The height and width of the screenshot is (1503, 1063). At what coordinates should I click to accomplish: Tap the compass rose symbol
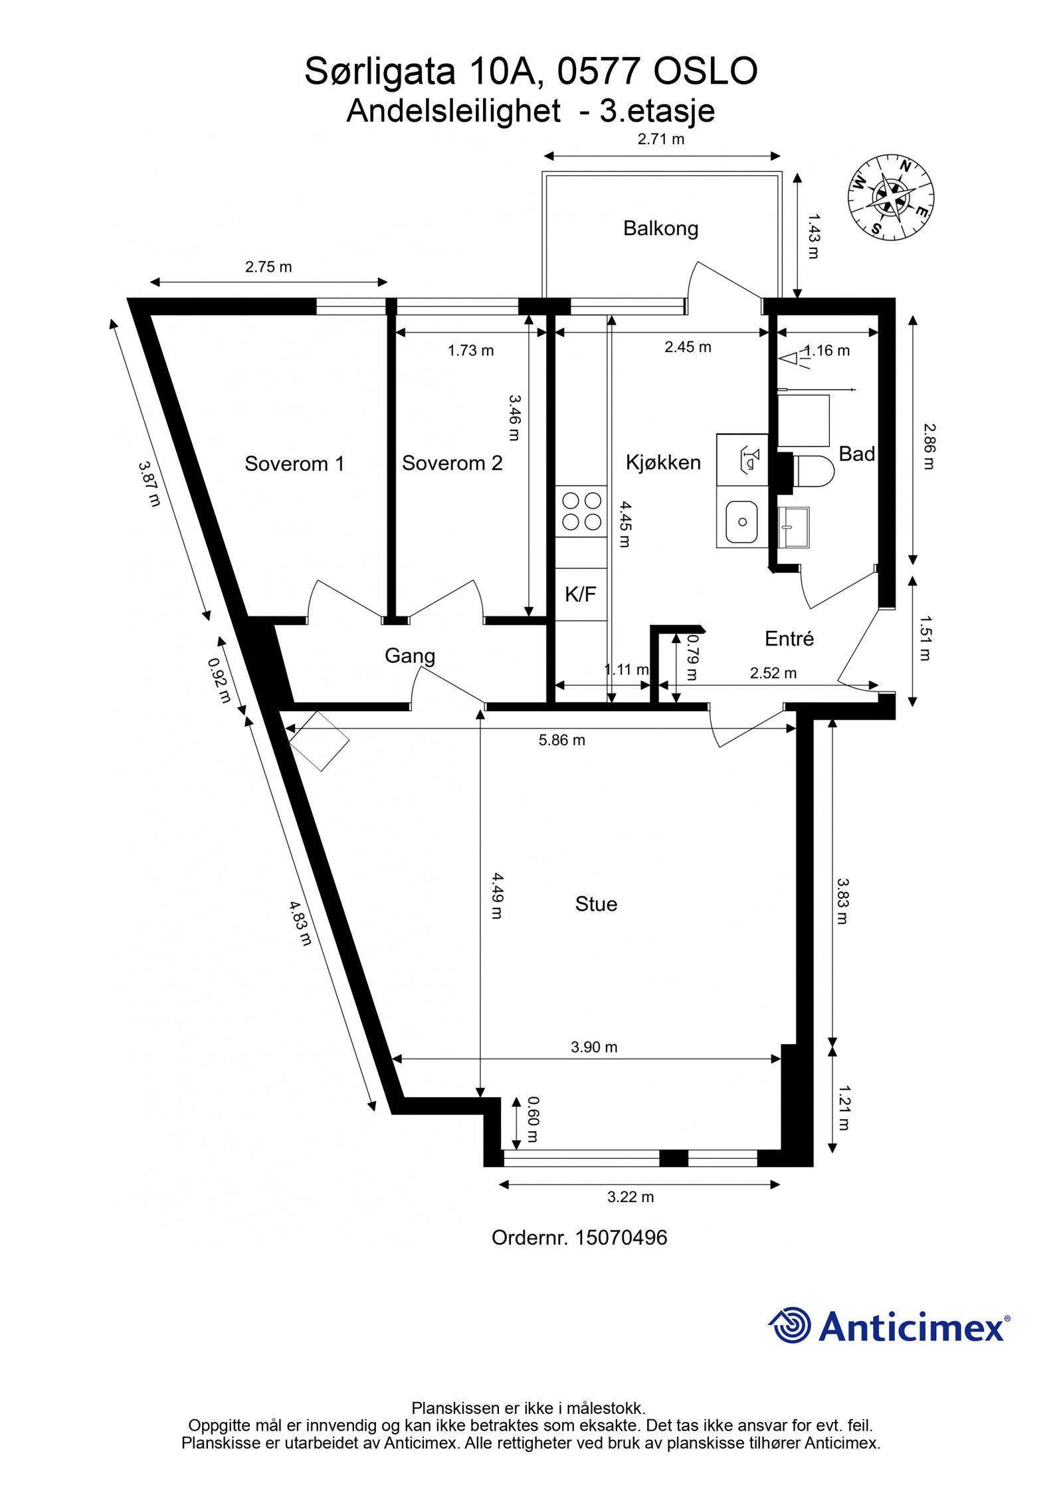coord(891,196)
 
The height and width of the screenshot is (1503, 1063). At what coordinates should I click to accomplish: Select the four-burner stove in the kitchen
coord(581,512)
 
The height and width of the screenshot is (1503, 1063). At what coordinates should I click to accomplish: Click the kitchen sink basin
coord(741,521)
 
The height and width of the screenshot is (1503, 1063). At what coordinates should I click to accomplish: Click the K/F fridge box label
coord(580,594)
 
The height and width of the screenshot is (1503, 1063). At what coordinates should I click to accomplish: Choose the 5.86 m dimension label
coord(561,740)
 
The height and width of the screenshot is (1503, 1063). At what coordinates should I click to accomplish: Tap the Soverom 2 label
coord(452,463)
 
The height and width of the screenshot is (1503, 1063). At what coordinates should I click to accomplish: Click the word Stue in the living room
coord(596,904)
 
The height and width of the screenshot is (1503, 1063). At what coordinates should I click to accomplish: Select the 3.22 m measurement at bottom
coord(630,1197)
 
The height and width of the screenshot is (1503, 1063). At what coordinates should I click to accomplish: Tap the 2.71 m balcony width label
coord(660,139)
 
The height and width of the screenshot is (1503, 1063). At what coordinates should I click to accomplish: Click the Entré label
coord(789,639)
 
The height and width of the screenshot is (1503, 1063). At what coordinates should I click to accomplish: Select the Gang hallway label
coord(410,656)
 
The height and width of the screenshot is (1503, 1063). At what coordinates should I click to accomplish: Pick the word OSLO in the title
coord(706,72)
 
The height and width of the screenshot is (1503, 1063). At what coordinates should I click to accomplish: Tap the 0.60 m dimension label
coord(532,1119)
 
